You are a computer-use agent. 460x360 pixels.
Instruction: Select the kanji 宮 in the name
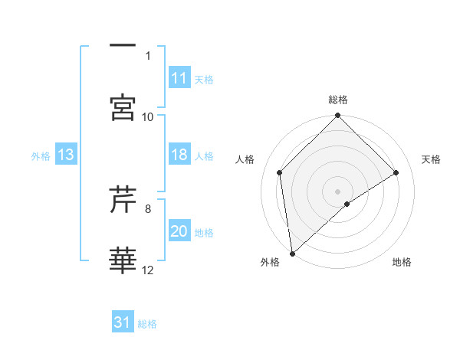pos(123,107)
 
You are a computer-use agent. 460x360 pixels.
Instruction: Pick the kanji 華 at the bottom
pos(123,260)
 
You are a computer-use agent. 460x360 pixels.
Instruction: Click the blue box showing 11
pos(179,77)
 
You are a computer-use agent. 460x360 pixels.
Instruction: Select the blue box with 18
pos(179,155)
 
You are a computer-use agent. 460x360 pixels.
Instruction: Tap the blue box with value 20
pos(179,231)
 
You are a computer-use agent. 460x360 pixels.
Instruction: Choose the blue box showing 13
pos(66,155)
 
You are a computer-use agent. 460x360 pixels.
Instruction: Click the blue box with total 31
pos(123,322)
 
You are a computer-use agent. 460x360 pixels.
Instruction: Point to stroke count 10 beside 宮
pos(148,116)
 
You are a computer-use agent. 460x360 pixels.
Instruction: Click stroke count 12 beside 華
pos(148,270)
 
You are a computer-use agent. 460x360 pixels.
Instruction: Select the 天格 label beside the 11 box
pos(204,79)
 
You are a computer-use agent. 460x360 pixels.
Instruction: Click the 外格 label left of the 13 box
pos(41,155)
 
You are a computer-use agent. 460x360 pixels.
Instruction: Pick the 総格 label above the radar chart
pos(338,100)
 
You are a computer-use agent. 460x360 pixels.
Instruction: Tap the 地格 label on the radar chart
pos(402,263)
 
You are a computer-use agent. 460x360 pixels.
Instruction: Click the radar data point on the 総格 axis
pos(338,116)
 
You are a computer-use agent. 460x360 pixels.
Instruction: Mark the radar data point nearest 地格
pos(347,204)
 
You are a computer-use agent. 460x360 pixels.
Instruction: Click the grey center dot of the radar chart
pos(338,191)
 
